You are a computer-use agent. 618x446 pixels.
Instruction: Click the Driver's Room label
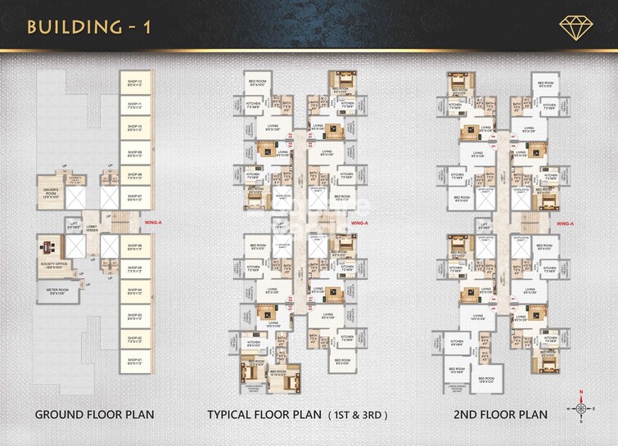pyautogui.click(x=52, y=193)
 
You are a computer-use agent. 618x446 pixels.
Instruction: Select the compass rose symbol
pyautogui.click(x=580, y=408)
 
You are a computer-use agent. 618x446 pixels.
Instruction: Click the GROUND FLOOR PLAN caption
pyautogui.click(x=94, y=415)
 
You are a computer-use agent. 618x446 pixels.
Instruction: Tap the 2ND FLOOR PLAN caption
pyautogui.click(x=500, y=415)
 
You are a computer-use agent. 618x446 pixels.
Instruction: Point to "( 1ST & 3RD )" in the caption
pyautogui.click(x=358, y=415)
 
